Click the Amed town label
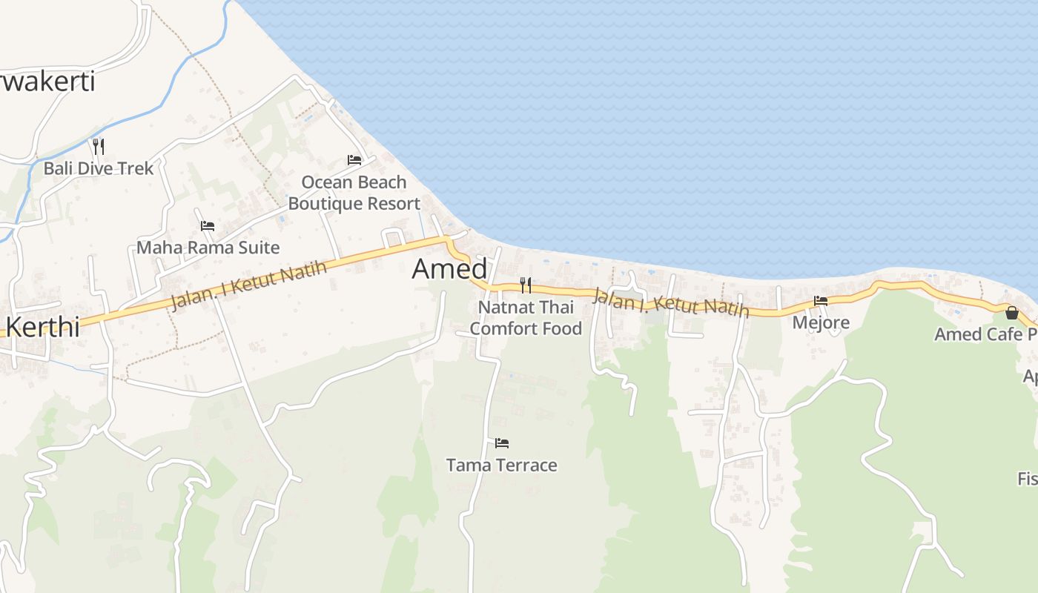pos(449,269)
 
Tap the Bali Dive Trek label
pos(99,168)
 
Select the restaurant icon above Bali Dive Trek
pos(98,146)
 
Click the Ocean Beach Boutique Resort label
pos(354,193)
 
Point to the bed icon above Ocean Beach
pos(354,159)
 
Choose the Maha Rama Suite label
pos(208,248)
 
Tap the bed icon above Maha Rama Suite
pos(208,225)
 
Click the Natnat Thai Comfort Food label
pos(526,317)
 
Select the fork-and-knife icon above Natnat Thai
pos(526,285)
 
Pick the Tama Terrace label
pos(501,465)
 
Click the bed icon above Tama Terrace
pos(502,443)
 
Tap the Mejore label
pos(821,323)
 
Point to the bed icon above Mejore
pos(821,301)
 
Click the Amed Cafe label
pos(982,334)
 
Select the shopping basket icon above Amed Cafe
pos(1012,313)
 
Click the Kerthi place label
pos(42,327)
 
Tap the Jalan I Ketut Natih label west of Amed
pos(248,285)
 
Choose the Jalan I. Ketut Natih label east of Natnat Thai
pos(670,303)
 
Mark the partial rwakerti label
pos(47,82)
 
